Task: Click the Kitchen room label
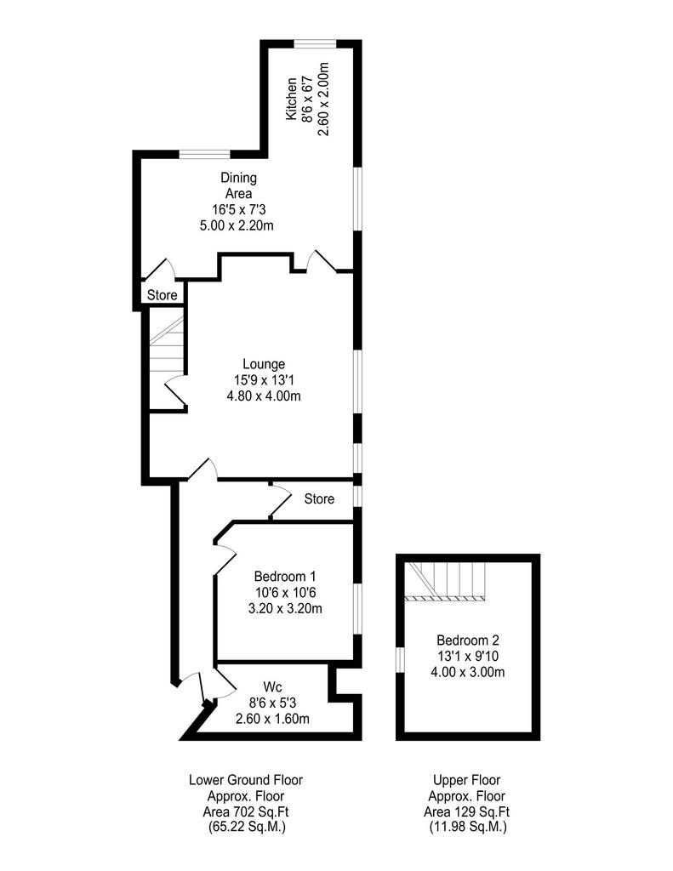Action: [291, 99]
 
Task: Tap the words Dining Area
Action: [239, 185]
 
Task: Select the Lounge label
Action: [264, 364]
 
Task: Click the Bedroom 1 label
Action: [284, 576]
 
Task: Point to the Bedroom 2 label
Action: [467, 640]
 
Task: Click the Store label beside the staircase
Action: [163, 295]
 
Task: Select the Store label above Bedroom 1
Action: [319, 498]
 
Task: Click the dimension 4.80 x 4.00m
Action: [264, 396]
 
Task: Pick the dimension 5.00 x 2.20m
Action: [237, 225]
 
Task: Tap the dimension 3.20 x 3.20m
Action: [285, 608]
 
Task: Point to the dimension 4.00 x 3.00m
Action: [467, 672]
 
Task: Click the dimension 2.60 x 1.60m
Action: [272, 719]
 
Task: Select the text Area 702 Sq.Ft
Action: [246, 811]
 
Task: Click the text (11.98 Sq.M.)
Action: [467, 827]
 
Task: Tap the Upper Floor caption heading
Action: [467, 780]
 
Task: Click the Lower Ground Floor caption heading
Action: [246, 780]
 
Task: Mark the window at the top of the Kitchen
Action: [315, 44]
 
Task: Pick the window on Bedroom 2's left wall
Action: [400, 659]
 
